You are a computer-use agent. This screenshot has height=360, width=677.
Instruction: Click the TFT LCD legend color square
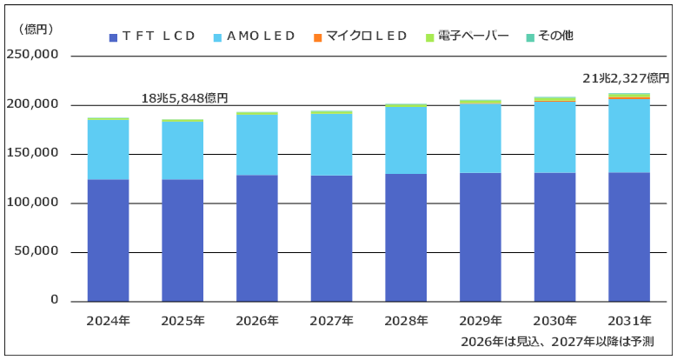[x=114, y=37]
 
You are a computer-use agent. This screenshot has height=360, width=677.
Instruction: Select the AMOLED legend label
[x=261, y=36]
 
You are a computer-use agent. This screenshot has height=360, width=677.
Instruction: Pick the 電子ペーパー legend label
[x=474, y=36]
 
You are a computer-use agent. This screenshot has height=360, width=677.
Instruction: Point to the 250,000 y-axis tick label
[x=32, y=55]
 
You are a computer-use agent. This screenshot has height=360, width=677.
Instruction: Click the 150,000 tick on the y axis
[x=32, y=153]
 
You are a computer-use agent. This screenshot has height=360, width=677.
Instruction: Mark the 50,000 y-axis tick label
[x=37, y=251]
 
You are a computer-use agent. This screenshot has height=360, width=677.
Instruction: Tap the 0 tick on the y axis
[x=54, y=299]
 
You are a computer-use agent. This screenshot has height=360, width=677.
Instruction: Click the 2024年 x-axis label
[x=108, y=321]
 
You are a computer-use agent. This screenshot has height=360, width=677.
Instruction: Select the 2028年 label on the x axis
[x=406, y=321]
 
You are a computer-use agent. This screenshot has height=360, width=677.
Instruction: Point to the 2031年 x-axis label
[x=629, y=321]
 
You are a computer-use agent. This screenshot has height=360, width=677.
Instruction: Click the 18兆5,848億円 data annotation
[x=185, y=98]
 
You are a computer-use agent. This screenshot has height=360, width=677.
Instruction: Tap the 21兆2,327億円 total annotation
[x=626, y=78]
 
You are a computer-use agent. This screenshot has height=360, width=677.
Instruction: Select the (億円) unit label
[x=37, y=30]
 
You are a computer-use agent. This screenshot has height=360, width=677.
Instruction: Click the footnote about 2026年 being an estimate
[x=557, y=342]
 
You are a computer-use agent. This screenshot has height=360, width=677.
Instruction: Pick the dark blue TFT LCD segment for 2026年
[x=257, y=238]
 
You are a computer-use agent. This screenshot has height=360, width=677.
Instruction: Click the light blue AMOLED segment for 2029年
[x=481, y=139]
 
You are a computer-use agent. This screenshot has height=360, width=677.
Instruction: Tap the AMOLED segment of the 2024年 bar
[x=108, y=150]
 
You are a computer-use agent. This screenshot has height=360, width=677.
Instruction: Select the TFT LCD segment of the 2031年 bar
[x=629, y=237]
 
